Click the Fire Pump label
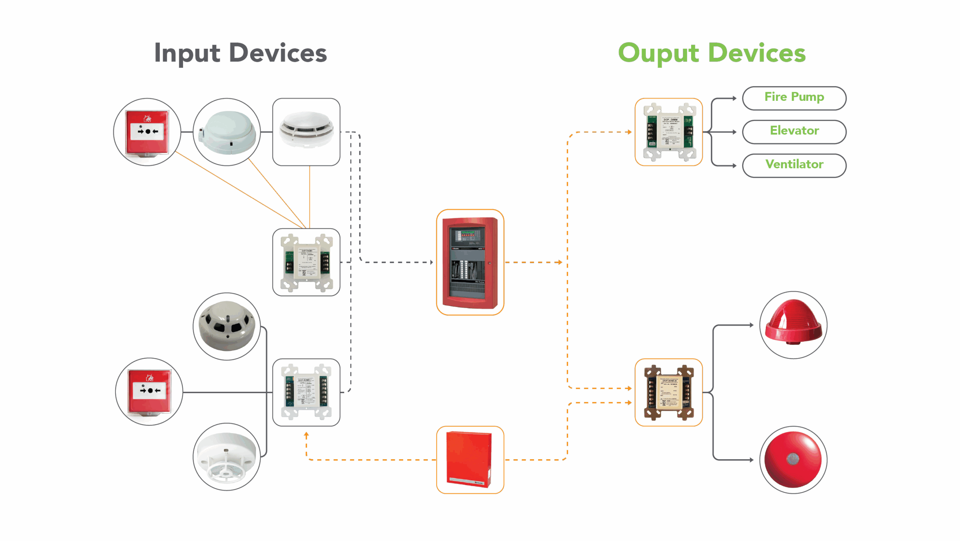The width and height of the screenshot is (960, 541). click(x=794, y=98)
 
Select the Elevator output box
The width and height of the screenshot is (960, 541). click(x=794, y=132)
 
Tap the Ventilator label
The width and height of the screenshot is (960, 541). click(x=794, y=165)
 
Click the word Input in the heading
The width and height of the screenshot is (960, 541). click(x=187, y=53)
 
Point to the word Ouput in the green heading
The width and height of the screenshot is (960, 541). click(x=658, y=53)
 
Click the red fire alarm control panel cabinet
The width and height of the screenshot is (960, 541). click(x=470, y=262)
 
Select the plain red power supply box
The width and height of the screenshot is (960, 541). click(x=470, y=459)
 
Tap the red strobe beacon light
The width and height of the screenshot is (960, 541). click(x=793, y=324)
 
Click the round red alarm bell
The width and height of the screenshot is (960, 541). click(x=793, y=459)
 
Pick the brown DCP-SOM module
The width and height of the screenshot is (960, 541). click(x=669, y=392)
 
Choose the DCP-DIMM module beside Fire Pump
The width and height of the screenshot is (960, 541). click(x=669, y=132)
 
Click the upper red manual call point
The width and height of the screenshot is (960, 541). click(x=147, y=132)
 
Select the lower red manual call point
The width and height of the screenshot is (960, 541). click(x=149, y=391)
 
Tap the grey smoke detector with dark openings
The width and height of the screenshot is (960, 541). click(x=226, y=326)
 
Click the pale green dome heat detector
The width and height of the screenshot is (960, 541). click(x=226, y=132)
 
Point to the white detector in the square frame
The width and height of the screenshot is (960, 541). click(x=306, y=132)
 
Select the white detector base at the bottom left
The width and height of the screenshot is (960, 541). click(x=226, y=457)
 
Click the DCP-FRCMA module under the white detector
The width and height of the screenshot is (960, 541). click(x=306, y=262)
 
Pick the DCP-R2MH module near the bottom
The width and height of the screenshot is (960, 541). click(x=306, y=392)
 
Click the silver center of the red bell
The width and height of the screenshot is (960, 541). click(x=792, y=459)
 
